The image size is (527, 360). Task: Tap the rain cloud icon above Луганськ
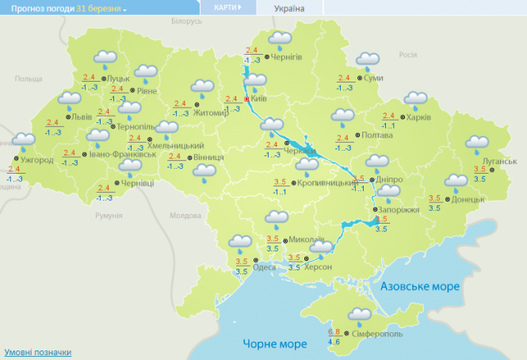(477, 144)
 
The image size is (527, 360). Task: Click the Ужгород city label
(37, 160)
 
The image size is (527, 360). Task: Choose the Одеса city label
(264, 268)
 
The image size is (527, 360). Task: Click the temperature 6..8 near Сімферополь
(334, 331)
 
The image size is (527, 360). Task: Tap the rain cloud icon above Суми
(367, 60)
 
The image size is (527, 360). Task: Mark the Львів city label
(81, 118)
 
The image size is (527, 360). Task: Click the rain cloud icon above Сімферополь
(359, 315)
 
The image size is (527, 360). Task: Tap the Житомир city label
(212, 113)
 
